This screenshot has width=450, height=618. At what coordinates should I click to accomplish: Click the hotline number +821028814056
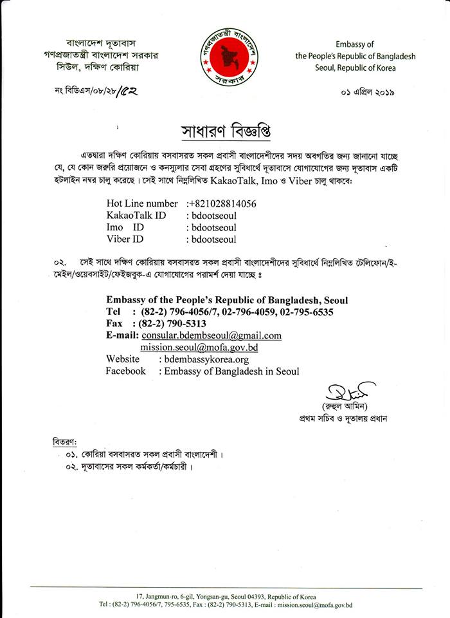(222, 203)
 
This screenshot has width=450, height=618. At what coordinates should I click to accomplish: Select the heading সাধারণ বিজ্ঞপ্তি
(224, 131)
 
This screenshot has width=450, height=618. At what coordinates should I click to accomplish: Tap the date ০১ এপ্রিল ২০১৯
(367, 92)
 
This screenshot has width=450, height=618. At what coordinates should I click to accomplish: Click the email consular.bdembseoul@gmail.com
(212, 336)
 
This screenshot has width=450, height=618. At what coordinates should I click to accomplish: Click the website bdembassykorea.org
(206, 359)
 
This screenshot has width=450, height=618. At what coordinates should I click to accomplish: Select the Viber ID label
(125, 239)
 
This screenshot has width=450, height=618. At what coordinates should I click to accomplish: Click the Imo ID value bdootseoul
(211, 227)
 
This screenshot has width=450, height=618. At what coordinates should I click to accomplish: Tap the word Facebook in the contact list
(125, 371)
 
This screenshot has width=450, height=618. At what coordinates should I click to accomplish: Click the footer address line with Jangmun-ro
(226, 596)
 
